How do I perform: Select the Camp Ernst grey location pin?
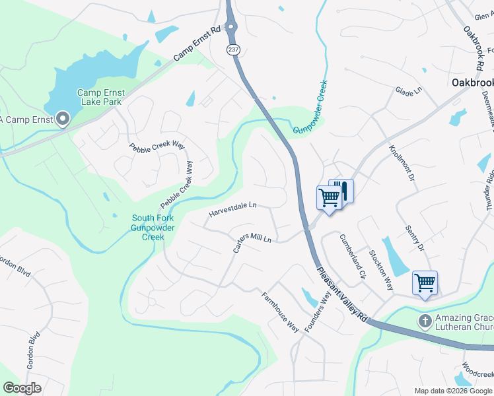(x=63, y=119)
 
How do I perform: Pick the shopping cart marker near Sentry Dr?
(x=425, y=283)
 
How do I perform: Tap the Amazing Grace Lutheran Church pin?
(x=425, y=321)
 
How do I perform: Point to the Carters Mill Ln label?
(x=252, y=243)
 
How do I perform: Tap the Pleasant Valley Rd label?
(x=341, y=294)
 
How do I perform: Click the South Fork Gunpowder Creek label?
(x=153, y=228)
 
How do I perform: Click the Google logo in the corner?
(x=22, y=388)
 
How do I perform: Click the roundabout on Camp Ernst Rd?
(x=230, y=26)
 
